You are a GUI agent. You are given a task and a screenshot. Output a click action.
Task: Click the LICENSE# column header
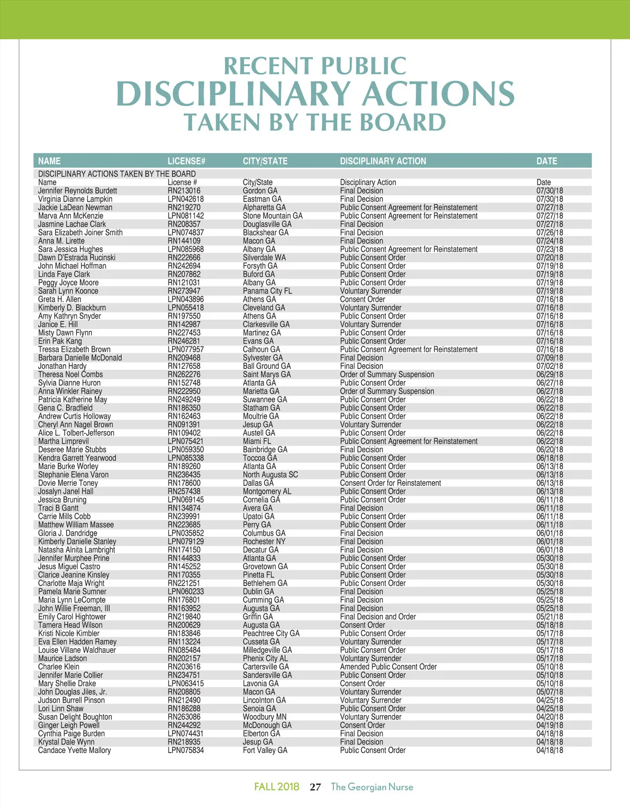point(186,161)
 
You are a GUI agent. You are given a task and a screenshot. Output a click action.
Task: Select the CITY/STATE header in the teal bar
point(265,161)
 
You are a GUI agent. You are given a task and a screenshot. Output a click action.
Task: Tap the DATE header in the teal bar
point(547,161)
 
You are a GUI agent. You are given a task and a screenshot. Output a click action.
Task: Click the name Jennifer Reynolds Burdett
point(78,191)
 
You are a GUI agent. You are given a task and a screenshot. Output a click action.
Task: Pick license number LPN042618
point(186,199)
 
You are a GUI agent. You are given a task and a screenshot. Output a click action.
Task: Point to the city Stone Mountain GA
point(272,216)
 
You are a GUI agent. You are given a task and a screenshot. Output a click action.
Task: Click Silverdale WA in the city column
point(264,258)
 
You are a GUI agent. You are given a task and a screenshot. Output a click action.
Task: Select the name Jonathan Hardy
point(62,366)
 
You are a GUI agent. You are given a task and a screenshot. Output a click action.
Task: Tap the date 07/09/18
point(549,358)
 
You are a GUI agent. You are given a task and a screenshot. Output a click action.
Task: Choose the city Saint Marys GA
point(267,375)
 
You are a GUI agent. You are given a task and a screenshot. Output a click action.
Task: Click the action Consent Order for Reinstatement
point(391,483)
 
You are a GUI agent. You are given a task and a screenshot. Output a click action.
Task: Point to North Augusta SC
point(270,475)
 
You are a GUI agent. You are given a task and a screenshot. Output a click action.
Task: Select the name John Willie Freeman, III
point(74,609)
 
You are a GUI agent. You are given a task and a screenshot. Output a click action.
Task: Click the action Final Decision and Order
point(378,617)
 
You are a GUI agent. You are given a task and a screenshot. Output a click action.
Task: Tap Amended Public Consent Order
point(388,667)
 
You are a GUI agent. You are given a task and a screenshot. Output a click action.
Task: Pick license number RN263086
point(184,717)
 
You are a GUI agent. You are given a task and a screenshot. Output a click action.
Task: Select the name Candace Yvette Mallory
point(75,751)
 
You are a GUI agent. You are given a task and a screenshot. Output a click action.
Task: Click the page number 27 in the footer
point(315,787)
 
